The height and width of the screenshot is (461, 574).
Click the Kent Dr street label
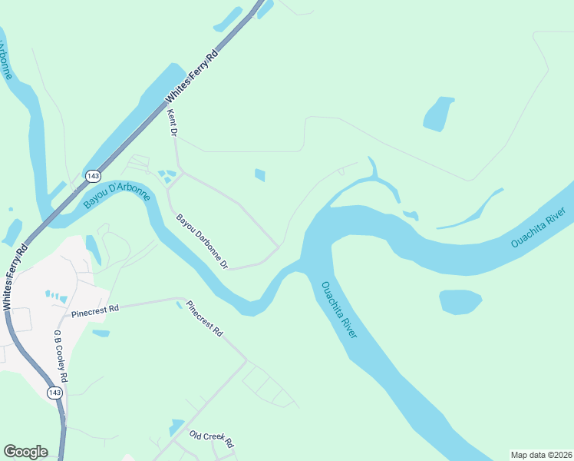173,124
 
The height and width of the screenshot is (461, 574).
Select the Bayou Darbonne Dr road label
203,241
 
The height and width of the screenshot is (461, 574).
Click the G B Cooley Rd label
60,357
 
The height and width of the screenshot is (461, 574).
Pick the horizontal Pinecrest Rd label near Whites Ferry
95,311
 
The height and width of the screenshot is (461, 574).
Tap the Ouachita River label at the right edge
538,227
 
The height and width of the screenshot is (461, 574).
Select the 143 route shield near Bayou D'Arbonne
93,176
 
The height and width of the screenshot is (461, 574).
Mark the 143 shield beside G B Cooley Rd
54,393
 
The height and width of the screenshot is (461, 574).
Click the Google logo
25,452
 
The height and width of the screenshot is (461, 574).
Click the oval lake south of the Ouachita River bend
460,301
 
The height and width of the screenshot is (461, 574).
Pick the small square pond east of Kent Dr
259,175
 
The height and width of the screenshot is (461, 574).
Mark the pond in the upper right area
439,114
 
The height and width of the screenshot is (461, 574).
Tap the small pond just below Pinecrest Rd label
101,333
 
